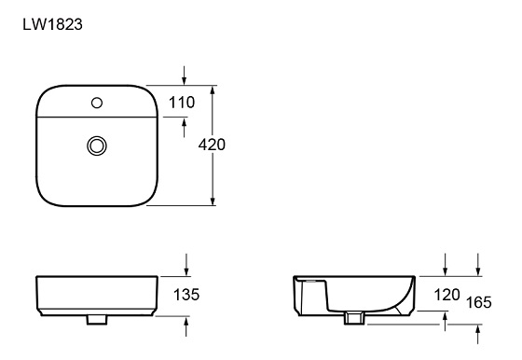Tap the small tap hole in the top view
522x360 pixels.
pos(96,102)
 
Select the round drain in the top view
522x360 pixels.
pos(96,145)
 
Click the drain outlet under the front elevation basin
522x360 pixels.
pos(95,320)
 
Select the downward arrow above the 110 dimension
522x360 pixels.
pos(185,76)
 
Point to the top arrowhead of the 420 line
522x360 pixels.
pos(215,91)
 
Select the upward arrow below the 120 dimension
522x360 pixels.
pos(446,320)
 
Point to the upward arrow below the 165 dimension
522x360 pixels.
pos(479,331)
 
